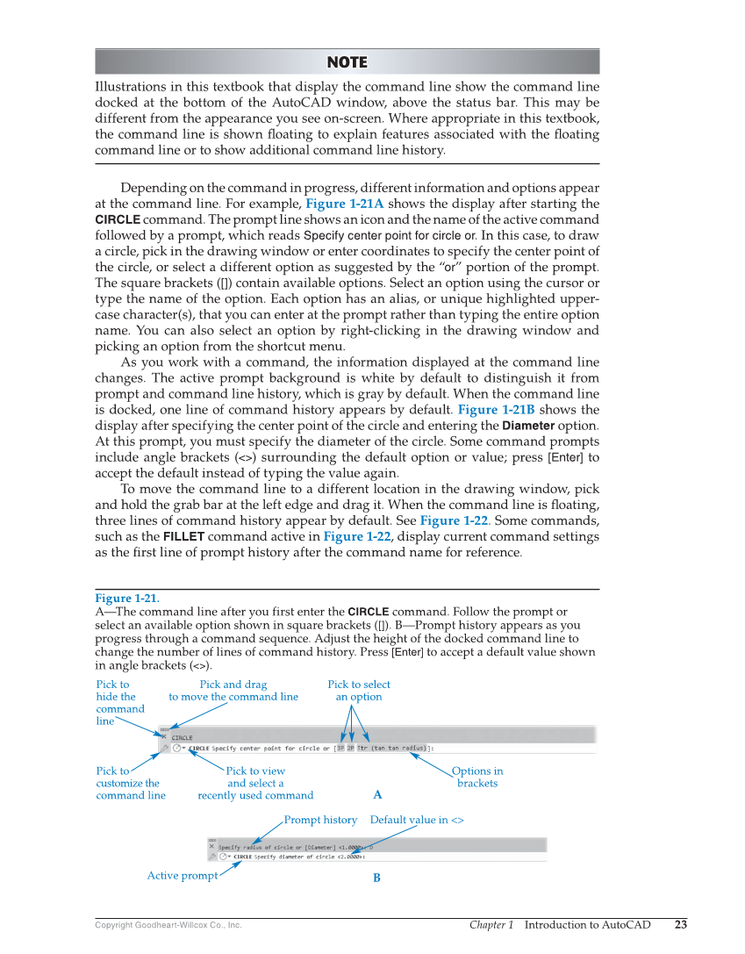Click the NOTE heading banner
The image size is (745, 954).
coord(347,61)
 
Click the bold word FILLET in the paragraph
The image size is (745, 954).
coord(184,536)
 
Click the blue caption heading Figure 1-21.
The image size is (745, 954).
coord(127,599)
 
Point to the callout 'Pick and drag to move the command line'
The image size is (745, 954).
coord(233,691)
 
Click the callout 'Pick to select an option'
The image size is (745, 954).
coord(359,691)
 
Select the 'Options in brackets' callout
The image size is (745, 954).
coord(477,777)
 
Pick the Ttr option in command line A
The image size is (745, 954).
coord(362,749)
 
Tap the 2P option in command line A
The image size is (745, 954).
coord(350,749)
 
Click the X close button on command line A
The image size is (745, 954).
coord(163,738)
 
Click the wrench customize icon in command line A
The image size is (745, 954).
coord(164,749)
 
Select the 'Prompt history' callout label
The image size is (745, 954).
coord(320,820)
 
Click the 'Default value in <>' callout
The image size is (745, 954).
coord(417,820)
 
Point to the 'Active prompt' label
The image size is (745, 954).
coord(183,876)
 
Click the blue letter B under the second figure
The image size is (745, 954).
coord(376,878)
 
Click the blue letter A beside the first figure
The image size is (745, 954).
coord(377,795)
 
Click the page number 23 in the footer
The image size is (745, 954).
coord(681,924)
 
